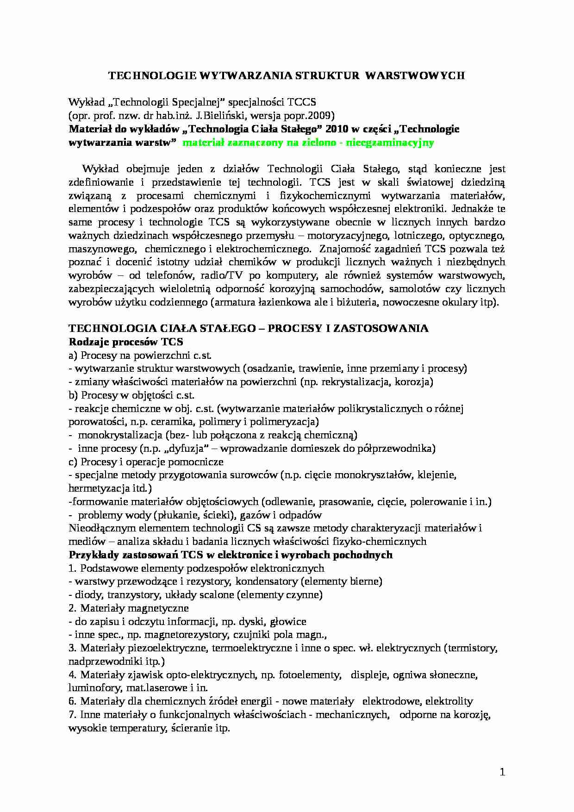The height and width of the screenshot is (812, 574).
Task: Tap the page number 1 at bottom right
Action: point(503,772)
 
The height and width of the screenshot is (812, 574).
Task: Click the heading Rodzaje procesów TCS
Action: point(126,342)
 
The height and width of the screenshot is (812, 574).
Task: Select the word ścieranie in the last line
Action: point(190,728)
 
